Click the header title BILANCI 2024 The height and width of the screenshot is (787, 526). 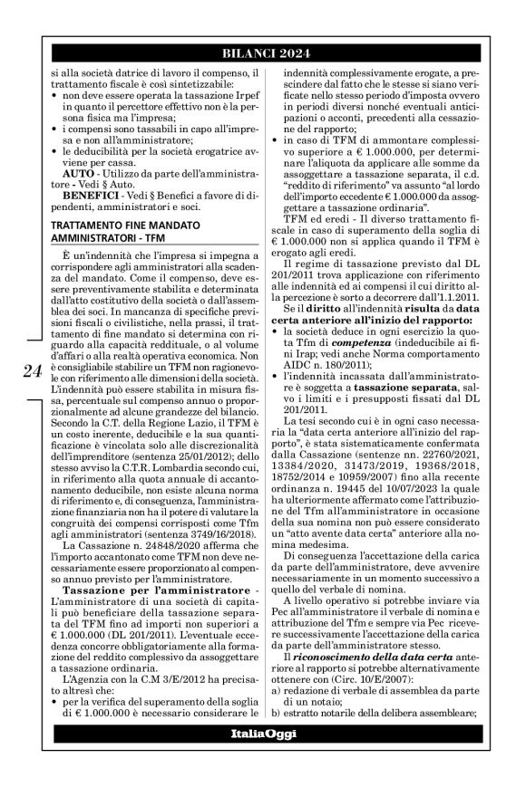point(262,51)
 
